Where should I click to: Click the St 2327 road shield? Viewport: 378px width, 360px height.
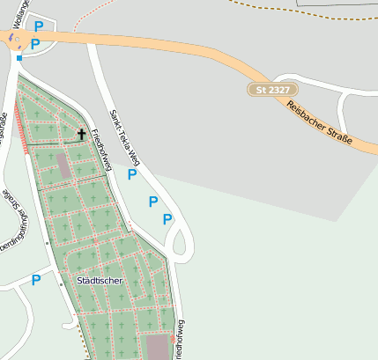(x=272, y=90)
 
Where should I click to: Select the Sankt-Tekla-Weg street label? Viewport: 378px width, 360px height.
(x=124, y=137)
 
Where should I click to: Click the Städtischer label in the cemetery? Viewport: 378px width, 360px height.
(x=99, y=281)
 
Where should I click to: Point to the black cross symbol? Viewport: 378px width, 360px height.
(x=82, y=135)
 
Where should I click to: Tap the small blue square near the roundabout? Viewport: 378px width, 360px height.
(x=19, y=58)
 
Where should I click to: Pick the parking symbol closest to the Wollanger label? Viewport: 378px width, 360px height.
(x=39, y=26)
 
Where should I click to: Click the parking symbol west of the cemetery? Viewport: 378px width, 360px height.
(x=36, y=280)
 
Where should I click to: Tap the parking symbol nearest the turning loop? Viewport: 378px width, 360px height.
(x=167, y=219)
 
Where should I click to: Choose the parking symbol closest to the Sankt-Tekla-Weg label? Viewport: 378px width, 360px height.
(x=132, y=174)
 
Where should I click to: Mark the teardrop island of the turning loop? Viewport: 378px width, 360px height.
(x=181, y=239)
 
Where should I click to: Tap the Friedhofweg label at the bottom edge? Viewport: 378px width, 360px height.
(x=181, y=339)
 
